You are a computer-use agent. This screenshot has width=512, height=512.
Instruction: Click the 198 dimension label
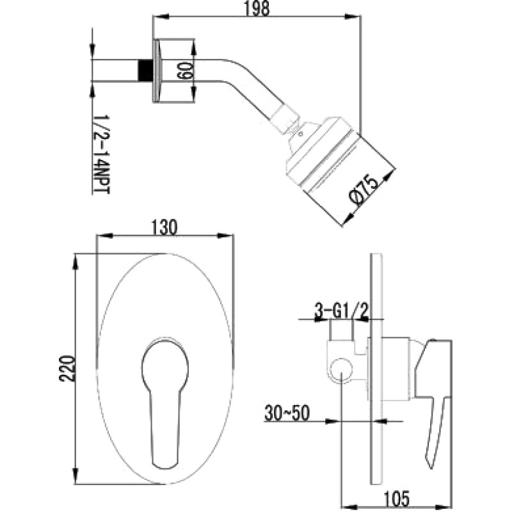pos(257,9)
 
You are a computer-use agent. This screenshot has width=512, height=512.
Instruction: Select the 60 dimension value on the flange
pos(184,70)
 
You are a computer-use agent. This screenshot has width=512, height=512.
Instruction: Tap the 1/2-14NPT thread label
pos(102,154)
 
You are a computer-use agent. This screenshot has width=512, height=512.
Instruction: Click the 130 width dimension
pos(164,228)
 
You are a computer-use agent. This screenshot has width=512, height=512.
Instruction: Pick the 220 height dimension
pos(67,369)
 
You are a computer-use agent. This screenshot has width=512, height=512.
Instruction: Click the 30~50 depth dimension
pos(287,413)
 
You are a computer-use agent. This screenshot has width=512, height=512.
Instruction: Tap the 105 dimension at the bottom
pos(396,499)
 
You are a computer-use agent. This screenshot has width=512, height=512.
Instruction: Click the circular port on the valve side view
pos(341,370)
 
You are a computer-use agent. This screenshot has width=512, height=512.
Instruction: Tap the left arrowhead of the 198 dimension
pos(161,16)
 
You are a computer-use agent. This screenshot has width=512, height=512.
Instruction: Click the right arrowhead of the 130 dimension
pos(226,236)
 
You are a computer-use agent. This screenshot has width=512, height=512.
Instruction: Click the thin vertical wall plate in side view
pos(376,369)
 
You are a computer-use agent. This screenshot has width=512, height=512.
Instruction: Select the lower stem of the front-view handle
pos(165,428)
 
